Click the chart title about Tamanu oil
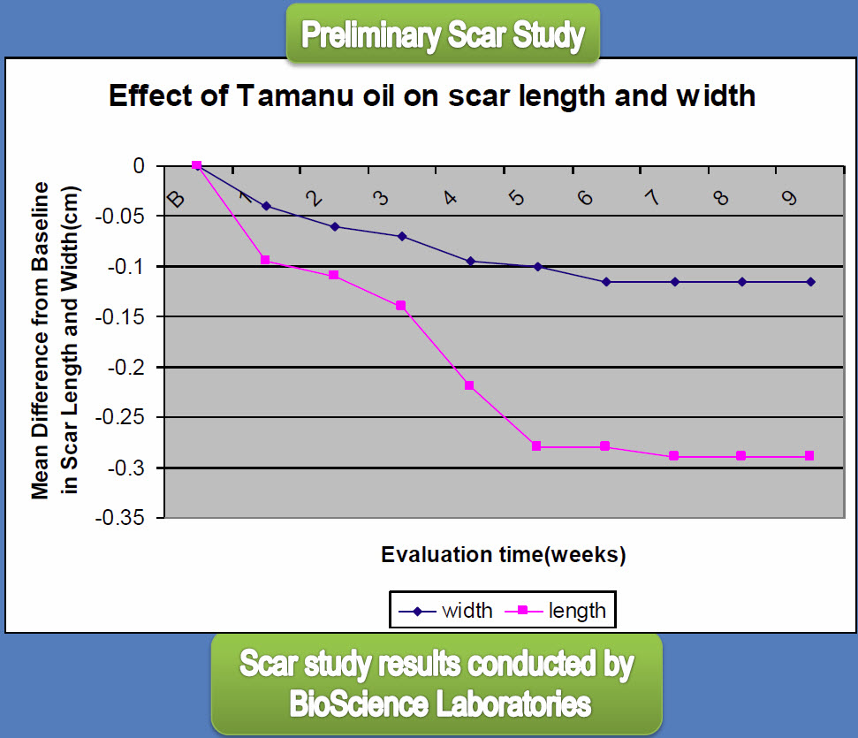[432, 95]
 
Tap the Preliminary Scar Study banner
[444, 34]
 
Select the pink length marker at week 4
[469, 385]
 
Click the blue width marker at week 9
[810, 282]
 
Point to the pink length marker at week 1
[265, 260]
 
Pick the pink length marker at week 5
[536, 446]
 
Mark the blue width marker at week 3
[402, 237]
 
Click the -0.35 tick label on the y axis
[120, 517]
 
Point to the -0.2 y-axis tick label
[126, 367]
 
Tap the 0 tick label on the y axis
[139, 165]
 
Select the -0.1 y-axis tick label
[126, 267]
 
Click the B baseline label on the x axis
[176, 199]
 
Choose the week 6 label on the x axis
[585, 197]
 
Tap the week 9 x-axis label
[789, 197]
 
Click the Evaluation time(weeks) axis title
[504, 554]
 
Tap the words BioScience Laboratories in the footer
[440, 704]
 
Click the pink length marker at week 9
[809, 455]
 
